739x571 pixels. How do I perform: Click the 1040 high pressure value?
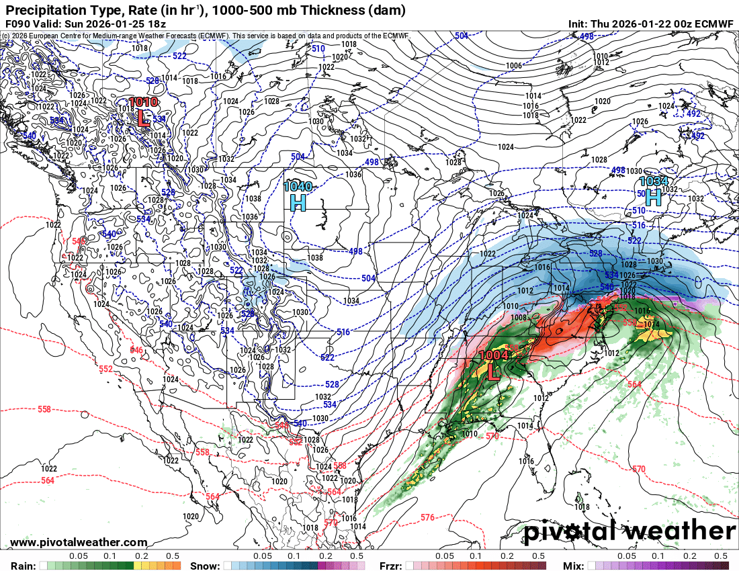[298, 186]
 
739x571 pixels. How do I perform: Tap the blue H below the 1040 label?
[298, 202]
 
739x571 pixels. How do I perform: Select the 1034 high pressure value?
[653, 181]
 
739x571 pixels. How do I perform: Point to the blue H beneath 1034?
[653, 197]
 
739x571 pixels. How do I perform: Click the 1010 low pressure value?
[143, 102]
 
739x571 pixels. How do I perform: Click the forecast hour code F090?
[17, 24]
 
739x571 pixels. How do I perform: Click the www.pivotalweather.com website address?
[79, 542]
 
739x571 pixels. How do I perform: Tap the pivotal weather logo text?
[629, 532]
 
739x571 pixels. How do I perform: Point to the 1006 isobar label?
[513, 65]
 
